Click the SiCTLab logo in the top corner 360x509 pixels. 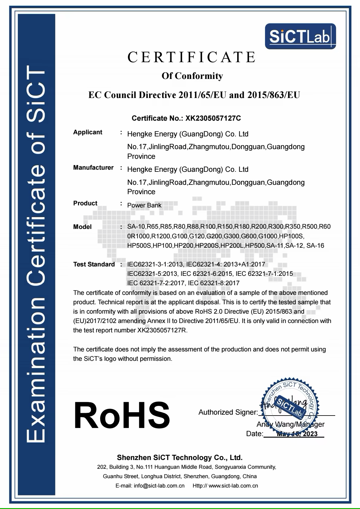[x=300, y=36]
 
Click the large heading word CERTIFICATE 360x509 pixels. [x=192, y=57]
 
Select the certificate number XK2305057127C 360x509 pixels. [x=213, y=118]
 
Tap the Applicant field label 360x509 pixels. [x=88, y=132]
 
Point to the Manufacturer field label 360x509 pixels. [x=93, y=168]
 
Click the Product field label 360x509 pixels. [x=85, y=203]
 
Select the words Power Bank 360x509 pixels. [x=144, y=205]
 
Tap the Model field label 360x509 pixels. [x=82, y=227]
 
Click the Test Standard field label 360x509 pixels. [x=94, y=264]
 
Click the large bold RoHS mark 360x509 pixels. [x=122, y=415]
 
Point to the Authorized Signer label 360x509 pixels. [x=228, y=412]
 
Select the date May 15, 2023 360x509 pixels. [x=297, y=434]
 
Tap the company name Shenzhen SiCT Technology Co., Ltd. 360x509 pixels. [x=180, y=457]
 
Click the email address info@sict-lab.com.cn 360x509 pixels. [x=159, y=486]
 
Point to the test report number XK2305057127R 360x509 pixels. [x=162, y=330]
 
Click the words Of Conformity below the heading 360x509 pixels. [x=192, y=76]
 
